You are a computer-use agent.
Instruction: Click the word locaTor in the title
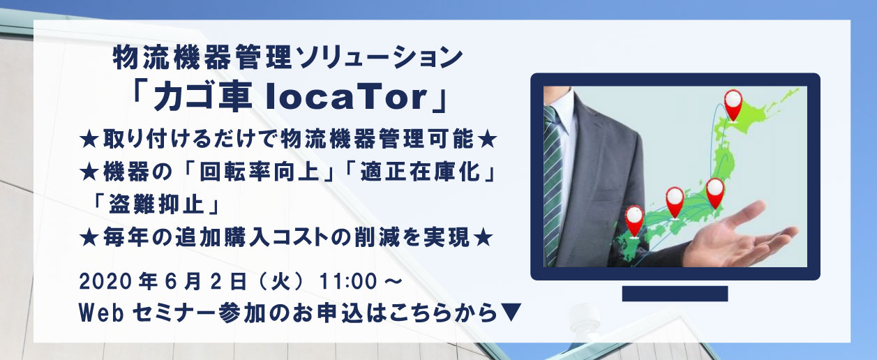346,98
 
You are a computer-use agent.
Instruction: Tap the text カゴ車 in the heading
202,98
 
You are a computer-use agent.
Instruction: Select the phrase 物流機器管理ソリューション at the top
287,58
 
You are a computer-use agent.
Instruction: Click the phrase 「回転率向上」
259,172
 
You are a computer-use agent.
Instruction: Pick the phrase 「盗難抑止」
157,204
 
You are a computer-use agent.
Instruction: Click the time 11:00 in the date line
348,282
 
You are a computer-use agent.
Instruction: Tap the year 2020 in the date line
105,282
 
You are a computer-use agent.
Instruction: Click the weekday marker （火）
281,282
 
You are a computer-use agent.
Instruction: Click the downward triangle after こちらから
511,313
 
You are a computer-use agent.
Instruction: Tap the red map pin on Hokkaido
733,105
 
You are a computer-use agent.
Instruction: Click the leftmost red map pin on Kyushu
634,221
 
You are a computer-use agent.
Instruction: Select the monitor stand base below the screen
675,294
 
